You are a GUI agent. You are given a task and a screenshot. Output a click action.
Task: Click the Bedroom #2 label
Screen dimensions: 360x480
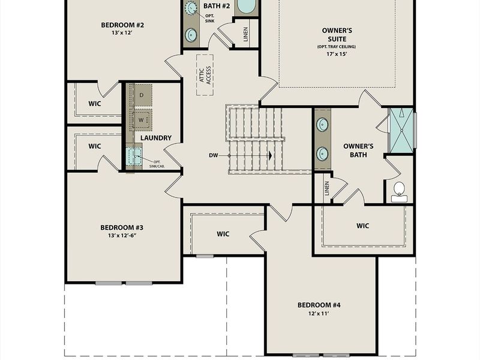click(122, 25)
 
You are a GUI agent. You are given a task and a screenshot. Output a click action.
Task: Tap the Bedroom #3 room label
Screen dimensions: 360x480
click(121, 227)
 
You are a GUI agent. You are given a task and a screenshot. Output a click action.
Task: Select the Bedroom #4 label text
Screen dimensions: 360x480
click(319, 305)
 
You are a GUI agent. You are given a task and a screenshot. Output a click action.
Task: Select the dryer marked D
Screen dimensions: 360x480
click(142, 95)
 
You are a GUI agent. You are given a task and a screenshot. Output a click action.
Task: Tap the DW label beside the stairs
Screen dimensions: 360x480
click(214, 155)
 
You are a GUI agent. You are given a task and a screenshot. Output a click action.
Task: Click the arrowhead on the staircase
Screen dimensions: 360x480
click(270, 155)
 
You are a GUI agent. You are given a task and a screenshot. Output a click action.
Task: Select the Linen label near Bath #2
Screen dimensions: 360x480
click(246, 34)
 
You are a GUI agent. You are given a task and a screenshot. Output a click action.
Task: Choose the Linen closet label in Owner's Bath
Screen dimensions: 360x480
click(327, 188)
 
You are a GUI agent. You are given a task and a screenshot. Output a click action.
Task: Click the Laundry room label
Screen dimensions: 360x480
click(156, 138)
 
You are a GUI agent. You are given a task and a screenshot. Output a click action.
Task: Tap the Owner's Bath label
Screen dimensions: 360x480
click(358, 150)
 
